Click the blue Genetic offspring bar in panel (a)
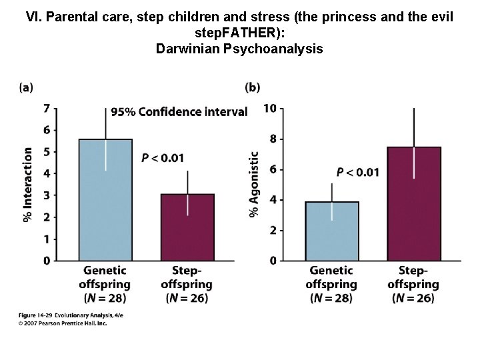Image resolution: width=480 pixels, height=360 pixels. coord(105,200)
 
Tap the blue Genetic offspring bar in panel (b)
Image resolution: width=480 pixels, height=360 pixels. coord(331,231)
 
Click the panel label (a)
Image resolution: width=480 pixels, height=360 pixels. coord(26,87)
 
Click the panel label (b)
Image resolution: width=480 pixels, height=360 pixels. coord(253,87)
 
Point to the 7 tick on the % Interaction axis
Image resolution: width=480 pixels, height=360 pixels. coord(46,108)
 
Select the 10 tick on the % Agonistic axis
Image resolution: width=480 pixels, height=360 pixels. coord(270,108)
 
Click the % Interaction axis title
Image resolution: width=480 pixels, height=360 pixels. coord(28,185)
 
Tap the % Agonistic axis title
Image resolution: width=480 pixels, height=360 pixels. coord(254,185)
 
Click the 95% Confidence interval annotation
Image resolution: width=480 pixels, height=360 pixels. coord(179,111)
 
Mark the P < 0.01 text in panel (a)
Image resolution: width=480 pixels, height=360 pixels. coord(163,158)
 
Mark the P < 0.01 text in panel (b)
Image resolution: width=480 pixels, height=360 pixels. coord(357,172)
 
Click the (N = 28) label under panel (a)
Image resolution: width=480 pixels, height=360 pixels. coord(105,297)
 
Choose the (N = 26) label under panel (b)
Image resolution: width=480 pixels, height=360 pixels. coord(413,297)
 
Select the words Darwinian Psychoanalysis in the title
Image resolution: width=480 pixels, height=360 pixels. coord(239,48)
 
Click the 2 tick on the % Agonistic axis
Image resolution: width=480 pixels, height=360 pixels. coord(273,230)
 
